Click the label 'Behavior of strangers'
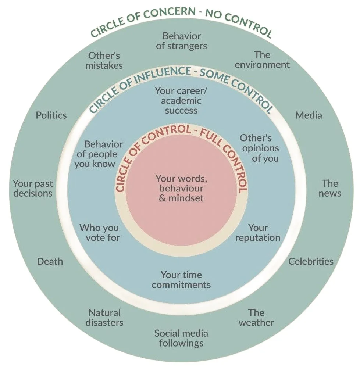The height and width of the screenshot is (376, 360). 181,41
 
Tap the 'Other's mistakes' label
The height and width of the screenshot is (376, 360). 104,61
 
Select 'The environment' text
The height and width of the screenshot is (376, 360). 262,60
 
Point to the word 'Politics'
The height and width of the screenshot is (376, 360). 51,115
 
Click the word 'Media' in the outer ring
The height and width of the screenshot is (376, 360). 309,115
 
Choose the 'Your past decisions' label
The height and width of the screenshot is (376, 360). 33,188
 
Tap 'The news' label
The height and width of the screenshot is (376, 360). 330,188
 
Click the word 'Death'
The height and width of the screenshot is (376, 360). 50,262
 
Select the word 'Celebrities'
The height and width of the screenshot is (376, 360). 311,262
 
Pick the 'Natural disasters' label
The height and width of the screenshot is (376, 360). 104,318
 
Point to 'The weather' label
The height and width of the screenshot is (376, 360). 256,318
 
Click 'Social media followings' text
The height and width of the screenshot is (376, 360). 181,339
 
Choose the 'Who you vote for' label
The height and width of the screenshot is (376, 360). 100,233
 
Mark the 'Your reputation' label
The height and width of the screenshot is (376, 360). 257,233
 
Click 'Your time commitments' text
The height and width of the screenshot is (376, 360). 181,280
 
